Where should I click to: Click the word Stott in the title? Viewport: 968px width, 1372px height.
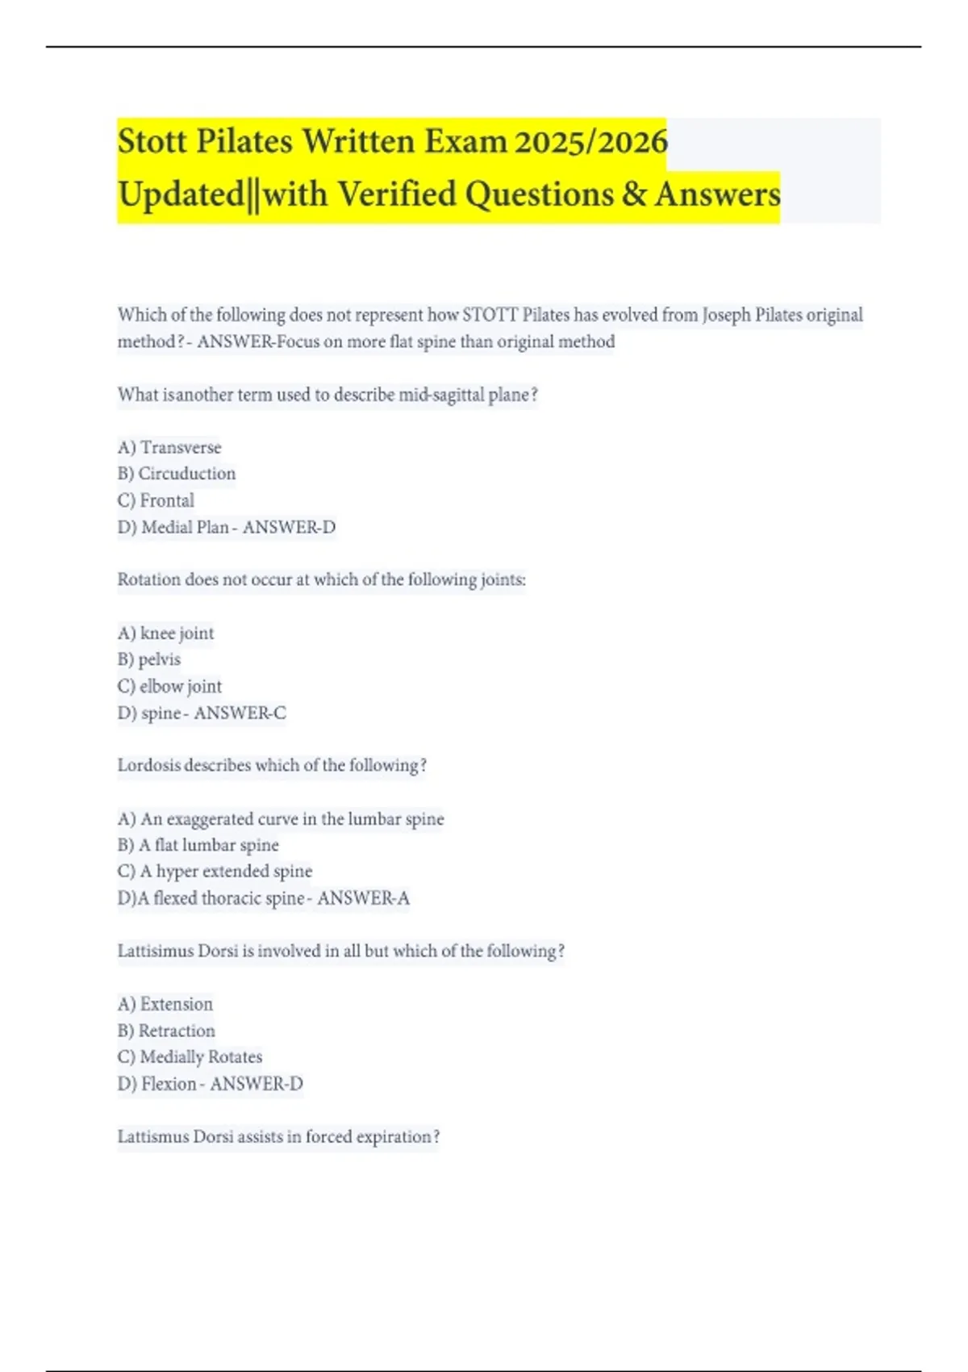[152, 142]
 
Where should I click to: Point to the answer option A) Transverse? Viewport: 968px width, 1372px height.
[169, 447]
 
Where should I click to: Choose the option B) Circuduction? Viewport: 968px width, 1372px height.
[177, 474]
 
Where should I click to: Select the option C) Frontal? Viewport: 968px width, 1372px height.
[156, 500]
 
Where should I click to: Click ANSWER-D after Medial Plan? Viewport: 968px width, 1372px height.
[289, 527]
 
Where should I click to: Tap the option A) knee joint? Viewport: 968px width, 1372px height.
[165, 633]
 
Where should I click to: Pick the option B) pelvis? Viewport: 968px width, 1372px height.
[149, 659]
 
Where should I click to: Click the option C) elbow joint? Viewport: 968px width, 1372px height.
[169, 686]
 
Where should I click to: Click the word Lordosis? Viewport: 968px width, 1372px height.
[149, 765]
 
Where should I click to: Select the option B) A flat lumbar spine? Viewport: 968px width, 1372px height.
[198, 845]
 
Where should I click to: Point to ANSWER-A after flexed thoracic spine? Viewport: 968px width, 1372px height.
[363, 898]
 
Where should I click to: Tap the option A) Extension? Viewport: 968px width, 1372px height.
[165, 1004]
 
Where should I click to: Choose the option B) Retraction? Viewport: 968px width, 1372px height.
[166, 1031]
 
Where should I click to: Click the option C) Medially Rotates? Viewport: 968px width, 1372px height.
[190, 1057]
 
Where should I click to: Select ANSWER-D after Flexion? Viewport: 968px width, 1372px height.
[257, 1084]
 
